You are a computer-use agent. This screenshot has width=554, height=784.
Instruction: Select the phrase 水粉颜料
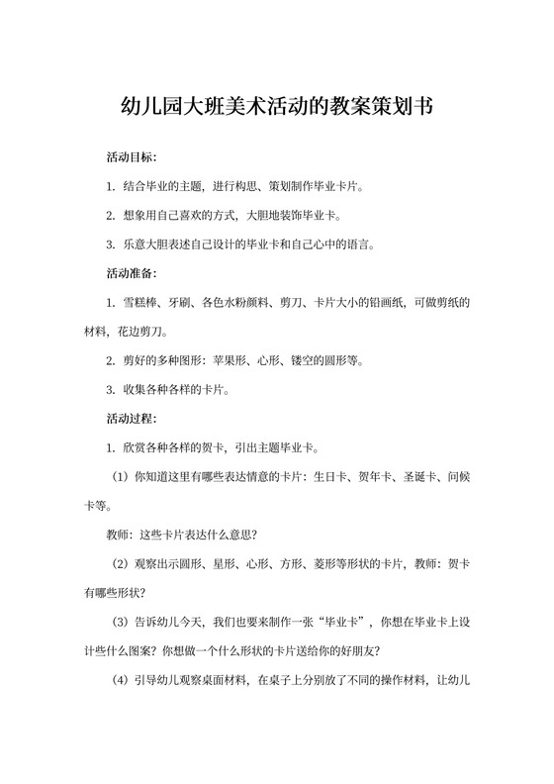(x=259, y=300)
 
